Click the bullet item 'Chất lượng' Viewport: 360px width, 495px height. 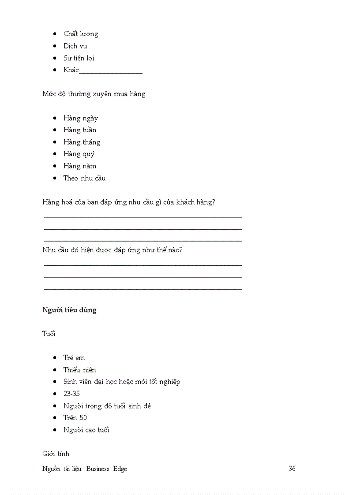(x=80, y=34)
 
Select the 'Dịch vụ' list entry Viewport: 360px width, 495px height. (x=75, y=46)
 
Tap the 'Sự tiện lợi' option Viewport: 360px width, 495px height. (x=79, y=58)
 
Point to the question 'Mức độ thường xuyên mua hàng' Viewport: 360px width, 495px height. (x=94, y=94)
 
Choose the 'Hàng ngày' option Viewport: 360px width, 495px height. (x=80, y=118)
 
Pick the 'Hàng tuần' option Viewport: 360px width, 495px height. (x=79, y=130)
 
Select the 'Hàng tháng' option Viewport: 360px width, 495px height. (x=82, y=142)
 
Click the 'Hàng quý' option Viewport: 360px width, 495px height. (x=79, y=154)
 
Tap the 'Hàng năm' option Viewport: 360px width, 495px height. (x=79, y=166)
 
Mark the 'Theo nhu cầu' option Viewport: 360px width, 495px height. (x=84, y=178)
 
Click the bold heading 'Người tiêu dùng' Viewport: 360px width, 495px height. (x=69, y=310)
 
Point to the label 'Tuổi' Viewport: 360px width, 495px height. (x=49, y=334)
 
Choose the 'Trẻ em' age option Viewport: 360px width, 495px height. (x=74, y=358)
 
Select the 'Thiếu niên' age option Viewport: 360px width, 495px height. (x=79, y=370)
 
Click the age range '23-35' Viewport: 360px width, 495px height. (x=71, y=394)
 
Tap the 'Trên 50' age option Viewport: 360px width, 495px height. (x=75, y=417)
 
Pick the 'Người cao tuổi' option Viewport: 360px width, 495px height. (x=86, y=430)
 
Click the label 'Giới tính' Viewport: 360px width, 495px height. (x=56, y=454)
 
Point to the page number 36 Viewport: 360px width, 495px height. (x=292, y=469)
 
